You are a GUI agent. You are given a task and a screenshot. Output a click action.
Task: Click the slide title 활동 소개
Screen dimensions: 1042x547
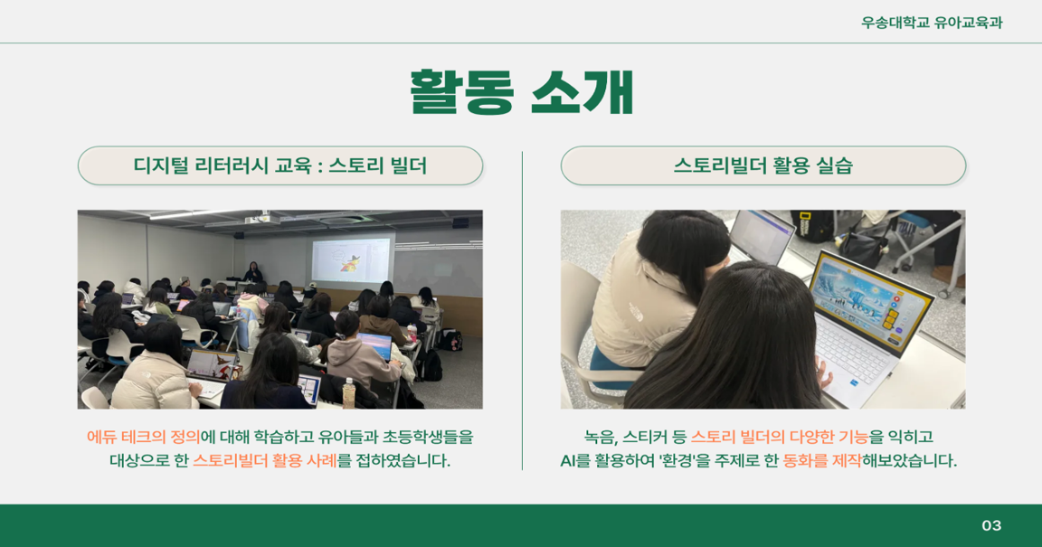point(521,92)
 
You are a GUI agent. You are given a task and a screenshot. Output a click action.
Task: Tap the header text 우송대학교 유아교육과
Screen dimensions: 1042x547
point(932,23)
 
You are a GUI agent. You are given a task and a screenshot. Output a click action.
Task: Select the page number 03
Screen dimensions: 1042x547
point(991,525)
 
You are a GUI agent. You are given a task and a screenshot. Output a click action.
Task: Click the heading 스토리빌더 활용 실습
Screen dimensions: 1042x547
point(763,165)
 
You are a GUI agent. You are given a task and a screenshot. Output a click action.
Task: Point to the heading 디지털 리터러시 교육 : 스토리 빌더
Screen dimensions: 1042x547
point(279,165)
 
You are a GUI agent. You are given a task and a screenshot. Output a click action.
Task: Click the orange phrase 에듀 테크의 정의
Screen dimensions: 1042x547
point(143,438)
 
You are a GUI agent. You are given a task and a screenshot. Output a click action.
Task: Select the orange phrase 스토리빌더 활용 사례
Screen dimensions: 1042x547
point(264,460)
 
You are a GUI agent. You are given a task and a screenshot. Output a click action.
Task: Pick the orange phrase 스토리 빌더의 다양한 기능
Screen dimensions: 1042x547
point(780,438)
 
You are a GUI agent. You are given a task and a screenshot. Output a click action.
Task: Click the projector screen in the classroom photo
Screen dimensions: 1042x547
point(351,260)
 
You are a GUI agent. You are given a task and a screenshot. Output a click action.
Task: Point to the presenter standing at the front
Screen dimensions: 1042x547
point(252,272)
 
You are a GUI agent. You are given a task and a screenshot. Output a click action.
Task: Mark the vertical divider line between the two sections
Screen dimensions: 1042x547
point(522,311)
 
